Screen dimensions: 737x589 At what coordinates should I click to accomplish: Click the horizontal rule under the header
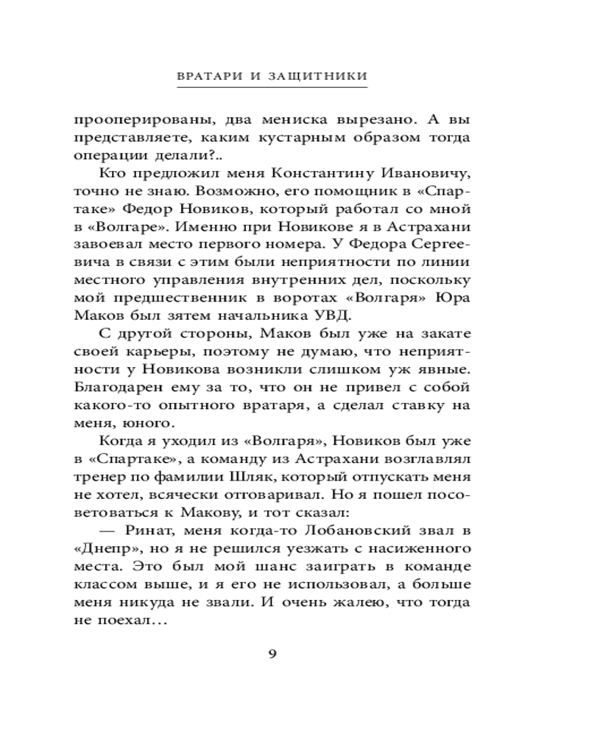(x=272, y=88)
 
